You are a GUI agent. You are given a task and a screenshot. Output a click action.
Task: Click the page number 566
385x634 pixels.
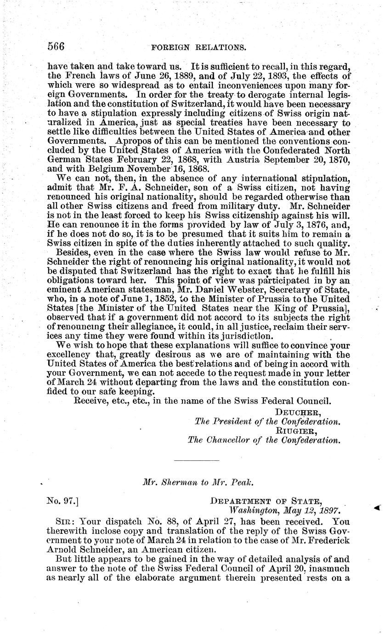pos(56,46)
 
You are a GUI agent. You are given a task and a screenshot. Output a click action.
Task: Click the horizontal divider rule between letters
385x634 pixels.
pos(192,459)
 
